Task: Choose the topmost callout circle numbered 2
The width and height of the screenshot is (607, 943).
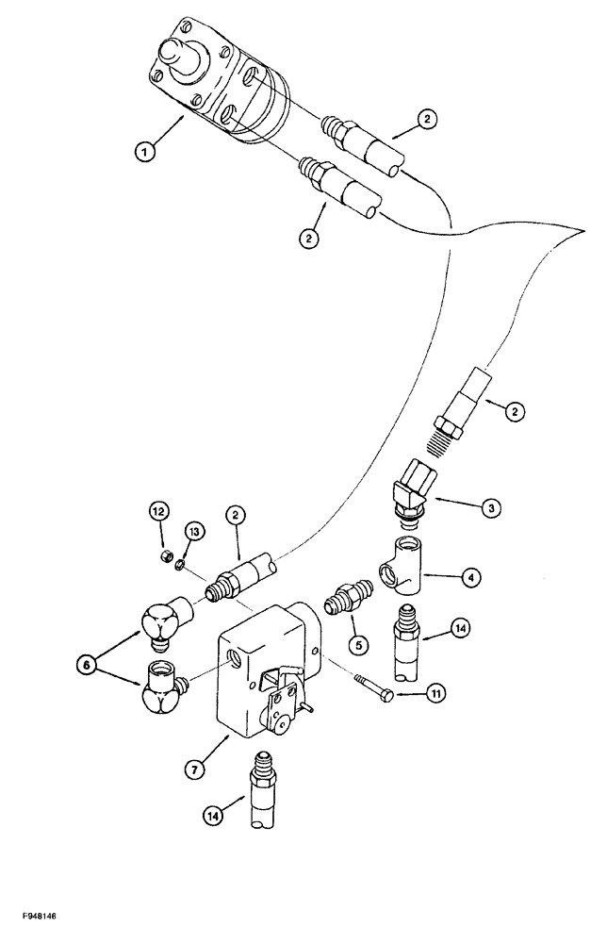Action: point(428,119)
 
